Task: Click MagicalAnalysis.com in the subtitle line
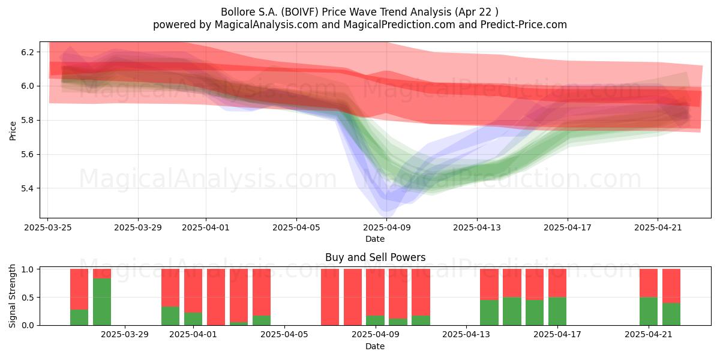(266, 25)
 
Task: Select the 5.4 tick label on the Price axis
(28, 188)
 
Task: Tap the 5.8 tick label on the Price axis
(28, 121)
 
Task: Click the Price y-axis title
(13, 131)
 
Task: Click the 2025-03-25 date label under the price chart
(48, 227)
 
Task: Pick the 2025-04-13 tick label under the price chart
(477, 227)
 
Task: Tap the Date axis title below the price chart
(375, 239)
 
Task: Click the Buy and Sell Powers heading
(375, 257)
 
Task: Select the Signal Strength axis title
(12, 296)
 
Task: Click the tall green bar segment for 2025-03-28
(102, 302)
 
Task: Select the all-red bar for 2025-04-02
(216, 297)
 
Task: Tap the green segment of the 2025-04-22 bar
(671, 314)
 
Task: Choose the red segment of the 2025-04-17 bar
(557, 283)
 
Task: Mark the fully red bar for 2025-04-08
(353, 297)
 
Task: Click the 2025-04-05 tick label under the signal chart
(284, 335)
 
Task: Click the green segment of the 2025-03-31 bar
(170, 316)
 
